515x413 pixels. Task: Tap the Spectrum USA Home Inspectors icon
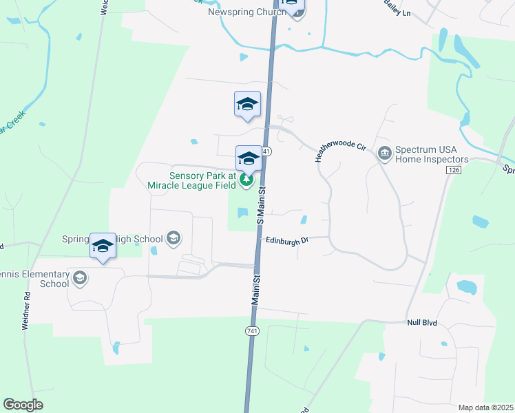pos(385,151)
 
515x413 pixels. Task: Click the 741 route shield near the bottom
pos(252,332)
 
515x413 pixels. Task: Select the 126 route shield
pos(452,169)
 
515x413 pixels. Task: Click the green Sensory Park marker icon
pos(246,180)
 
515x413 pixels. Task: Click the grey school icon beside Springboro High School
pos(174,238)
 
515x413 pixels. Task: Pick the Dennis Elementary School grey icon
pos(81,278)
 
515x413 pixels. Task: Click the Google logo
pos(23,405)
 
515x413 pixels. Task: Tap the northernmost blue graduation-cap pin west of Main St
pos(247,105)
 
